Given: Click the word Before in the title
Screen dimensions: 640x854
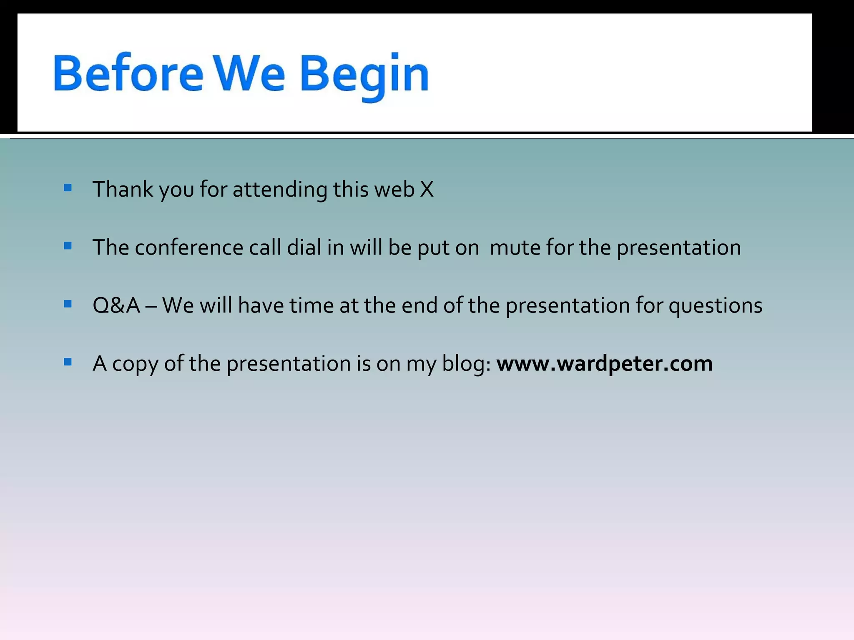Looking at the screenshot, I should click(x=128, y=74).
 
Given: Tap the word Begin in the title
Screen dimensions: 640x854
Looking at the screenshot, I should click(x=364, y=75).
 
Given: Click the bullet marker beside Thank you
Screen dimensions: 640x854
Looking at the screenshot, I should click(x=68, y=188).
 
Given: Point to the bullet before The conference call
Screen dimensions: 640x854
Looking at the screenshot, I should click(x=68, y=246).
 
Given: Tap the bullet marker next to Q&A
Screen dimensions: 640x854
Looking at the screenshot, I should click(x=68, y=304).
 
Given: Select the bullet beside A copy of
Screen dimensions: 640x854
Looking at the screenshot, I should click(x=68, y=362).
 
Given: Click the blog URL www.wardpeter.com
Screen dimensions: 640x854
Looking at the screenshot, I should click(x=604, y=363).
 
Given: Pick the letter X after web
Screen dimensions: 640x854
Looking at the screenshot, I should click(x=427, y=190).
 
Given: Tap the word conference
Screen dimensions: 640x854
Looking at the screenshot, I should click(x=189, y=247).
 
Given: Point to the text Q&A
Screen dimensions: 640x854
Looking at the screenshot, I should click(x=116, y=305).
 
